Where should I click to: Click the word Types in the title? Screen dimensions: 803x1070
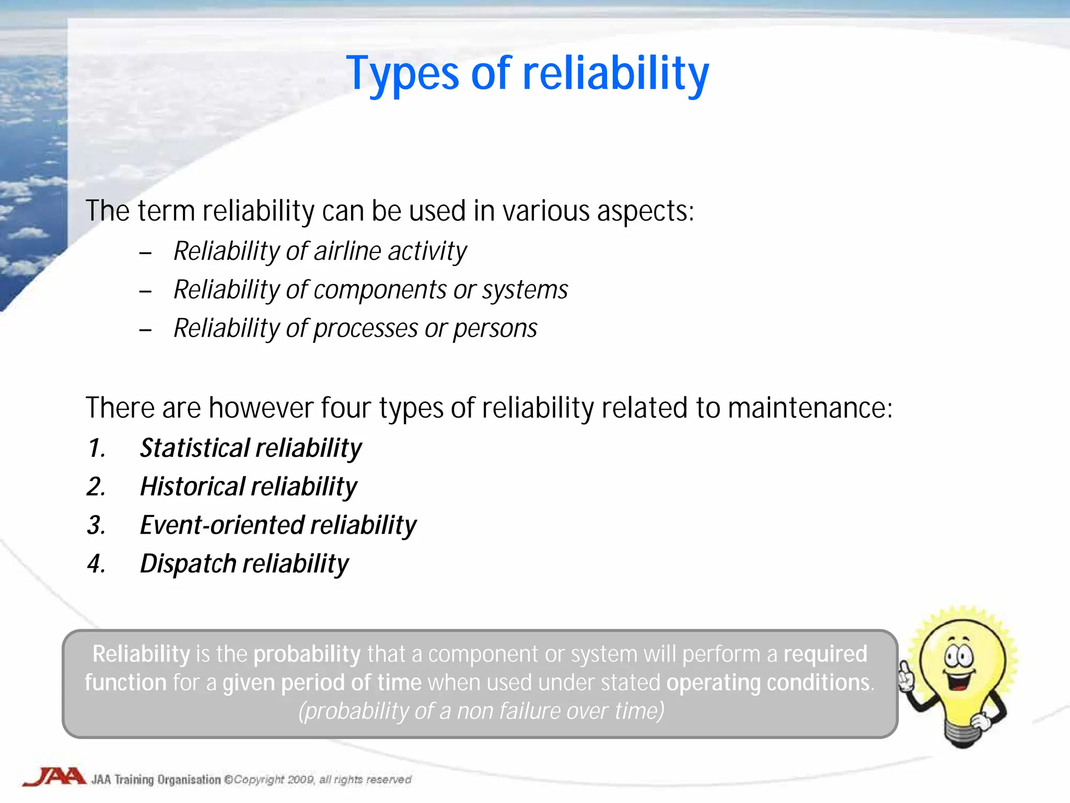pos(402,74)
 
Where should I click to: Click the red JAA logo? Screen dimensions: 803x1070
pos(54,777)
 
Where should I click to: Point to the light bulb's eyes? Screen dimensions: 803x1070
pos(959,656)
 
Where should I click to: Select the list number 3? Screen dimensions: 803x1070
pos(96,525)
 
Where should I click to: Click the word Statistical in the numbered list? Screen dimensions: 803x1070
pos(195,449)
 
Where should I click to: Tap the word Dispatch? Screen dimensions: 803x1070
pos(188,564)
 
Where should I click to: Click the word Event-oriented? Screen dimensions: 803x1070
pos(222,525)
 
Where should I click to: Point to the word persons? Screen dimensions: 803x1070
pos(495,329)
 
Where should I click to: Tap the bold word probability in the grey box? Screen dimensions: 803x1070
pos(307,655)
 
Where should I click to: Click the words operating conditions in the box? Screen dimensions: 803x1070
pos(768,683)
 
